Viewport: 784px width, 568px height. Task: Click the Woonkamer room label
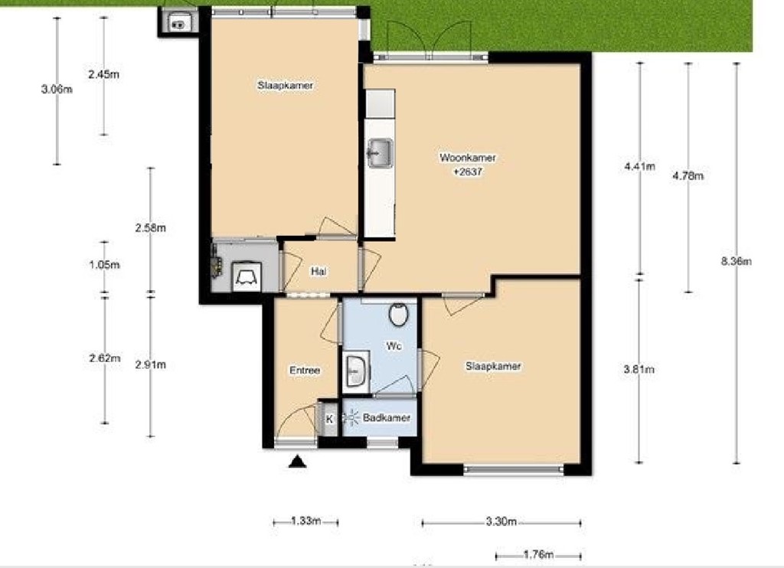point(467,158)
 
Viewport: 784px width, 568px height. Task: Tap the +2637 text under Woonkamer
point(467,172)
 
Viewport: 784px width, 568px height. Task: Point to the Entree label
point(305,371)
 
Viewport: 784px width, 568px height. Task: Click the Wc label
point(394,346)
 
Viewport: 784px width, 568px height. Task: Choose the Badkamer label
point(387,418)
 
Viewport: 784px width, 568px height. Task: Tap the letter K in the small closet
point(329,419)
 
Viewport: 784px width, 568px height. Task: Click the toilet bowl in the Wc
point(398,314)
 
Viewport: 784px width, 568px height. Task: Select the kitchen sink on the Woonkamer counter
point(379,153)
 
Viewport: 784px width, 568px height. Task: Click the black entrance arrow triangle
point(297,461)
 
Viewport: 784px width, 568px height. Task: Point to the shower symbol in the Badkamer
point(352,418)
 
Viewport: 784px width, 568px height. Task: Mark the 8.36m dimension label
point(737,261)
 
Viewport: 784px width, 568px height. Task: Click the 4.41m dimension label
point(640,166)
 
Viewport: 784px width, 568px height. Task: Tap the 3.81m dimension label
point(640,371)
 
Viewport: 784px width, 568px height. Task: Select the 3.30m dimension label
point(502,523)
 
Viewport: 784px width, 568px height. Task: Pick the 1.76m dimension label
point(538,555)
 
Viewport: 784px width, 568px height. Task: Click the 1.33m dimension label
point(305,522)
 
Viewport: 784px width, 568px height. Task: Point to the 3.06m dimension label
point(57,90)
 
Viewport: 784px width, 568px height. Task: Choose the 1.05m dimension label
point(104,265)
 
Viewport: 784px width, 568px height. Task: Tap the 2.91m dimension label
point(150,364)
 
